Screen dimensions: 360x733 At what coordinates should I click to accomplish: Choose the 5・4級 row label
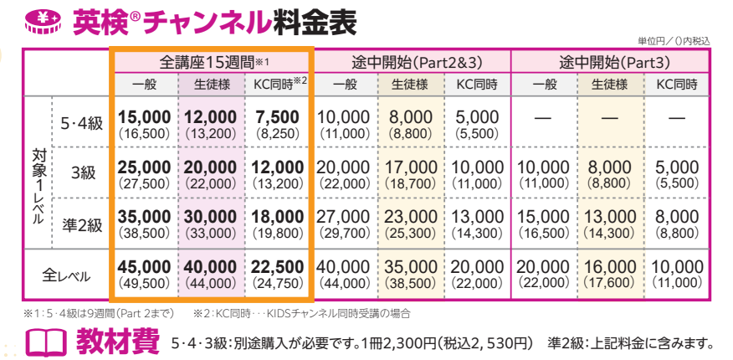tap(82, 123)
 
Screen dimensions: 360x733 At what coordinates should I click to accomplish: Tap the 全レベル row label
tap(68, 274)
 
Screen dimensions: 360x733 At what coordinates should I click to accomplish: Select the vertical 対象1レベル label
tap(38, 186)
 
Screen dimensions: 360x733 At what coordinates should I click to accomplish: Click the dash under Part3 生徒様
tap(610, 117)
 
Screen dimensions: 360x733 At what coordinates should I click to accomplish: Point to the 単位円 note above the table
tap(673, 40)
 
